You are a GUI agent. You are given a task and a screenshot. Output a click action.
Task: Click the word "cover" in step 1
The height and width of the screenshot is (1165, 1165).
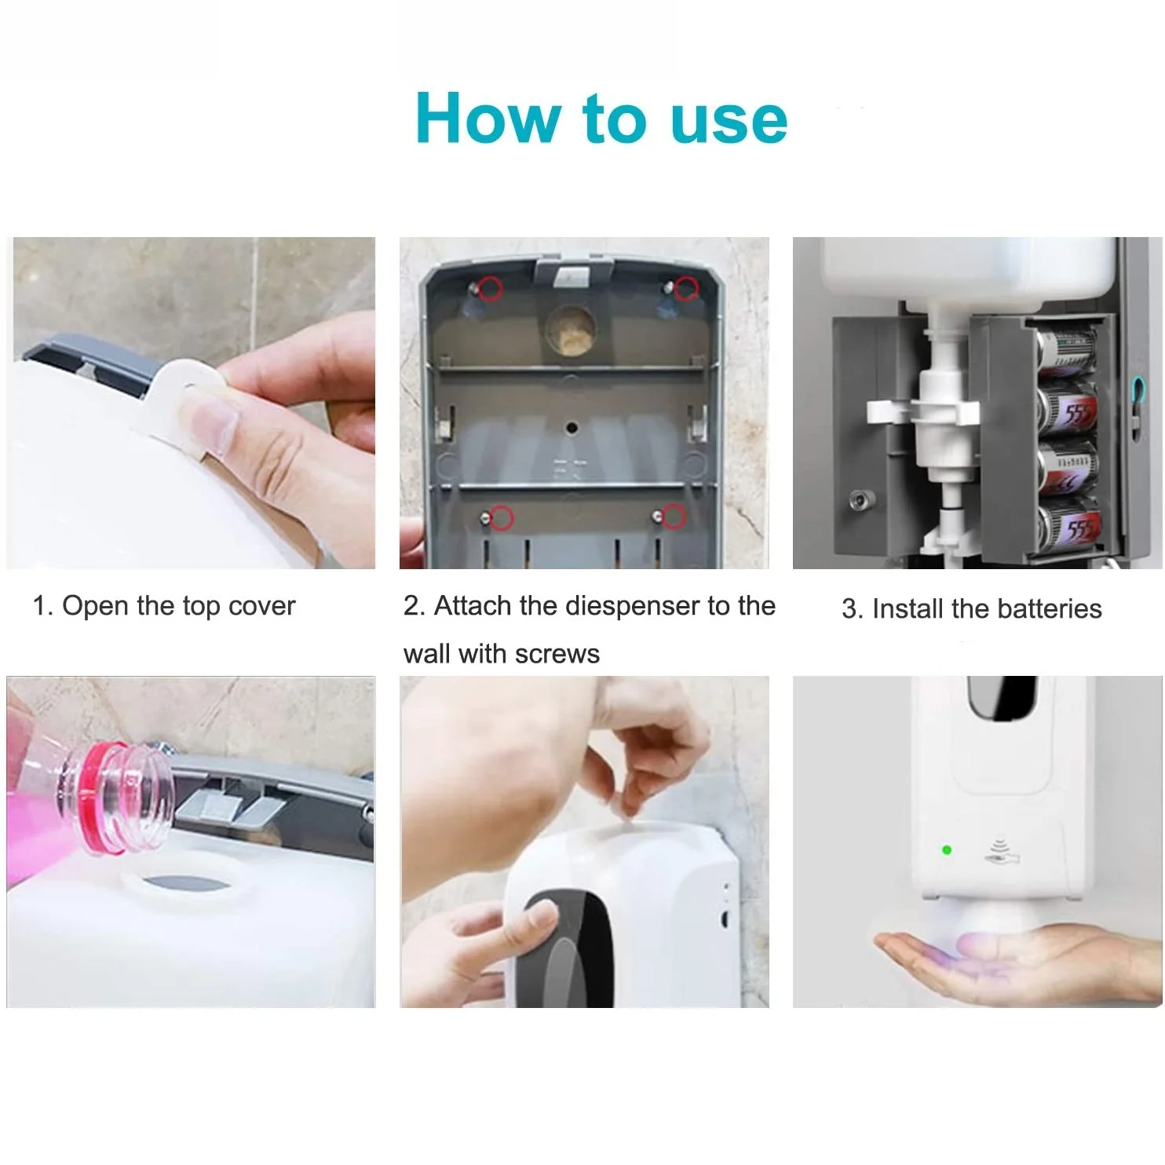coord(261,606)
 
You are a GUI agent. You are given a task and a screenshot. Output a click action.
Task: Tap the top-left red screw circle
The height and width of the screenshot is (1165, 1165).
coord(491,288)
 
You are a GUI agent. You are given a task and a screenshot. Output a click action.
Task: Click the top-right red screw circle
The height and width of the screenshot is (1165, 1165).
coord(686,288)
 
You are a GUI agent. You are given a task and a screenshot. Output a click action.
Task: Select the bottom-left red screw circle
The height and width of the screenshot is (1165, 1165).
coord(502,517)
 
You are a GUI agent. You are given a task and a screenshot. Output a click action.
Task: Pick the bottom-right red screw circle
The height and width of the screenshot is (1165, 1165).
coord(673,516)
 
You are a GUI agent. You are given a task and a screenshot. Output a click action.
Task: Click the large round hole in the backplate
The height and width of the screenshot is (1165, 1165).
coord(571,328)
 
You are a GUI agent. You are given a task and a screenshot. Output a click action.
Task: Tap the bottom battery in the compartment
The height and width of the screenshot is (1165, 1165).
coord(1068,527)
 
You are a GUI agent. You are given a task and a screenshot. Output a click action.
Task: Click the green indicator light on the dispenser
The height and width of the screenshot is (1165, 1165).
coord(946,849)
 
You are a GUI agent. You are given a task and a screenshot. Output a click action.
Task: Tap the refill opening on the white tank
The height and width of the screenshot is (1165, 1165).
coord(188,887)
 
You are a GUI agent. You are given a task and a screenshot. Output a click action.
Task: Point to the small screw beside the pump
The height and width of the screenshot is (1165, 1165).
coord(861,499)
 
